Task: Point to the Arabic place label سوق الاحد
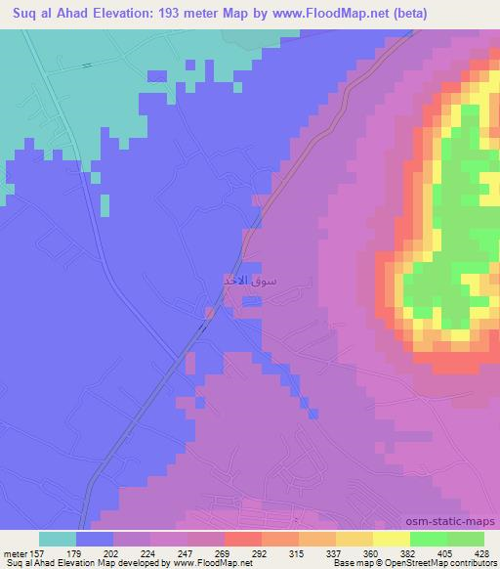click(250, 282)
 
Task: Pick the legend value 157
click(34, 553)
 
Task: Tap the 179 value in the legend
click(75, 553)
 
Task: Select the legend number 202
click(113, 553)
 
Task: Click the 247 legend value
click(187, 553)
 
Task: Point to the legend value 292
click(262, 553)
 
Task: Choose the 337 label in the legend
click(336, 553)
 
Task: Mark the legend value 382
click(410, 553)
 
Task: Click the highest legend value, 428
click(484, 553)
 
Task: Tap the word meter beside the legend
click(12, 553)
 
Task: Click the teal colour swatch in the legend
click(58, 539)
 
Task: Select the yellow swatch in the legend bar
click(392, 539)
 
